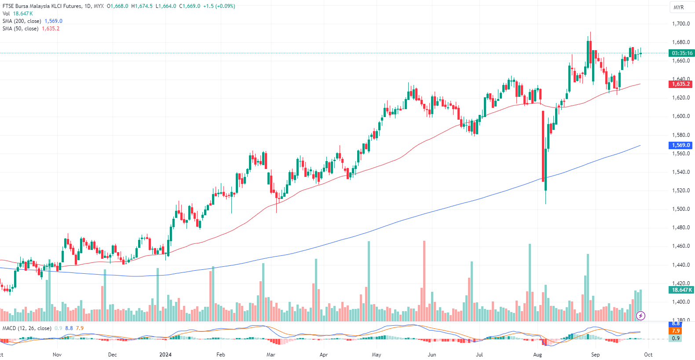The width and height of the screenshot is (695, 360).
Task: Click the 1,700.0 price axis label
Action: [x=680, y=24]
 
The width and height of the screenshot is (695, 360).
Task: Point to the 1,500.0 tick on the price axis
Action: [x=680, y=209]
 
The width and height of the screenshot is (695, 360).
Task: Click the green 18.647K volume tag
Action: [x=681, y=290]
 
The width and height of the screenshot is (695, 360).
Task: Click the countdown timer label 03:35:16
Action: [x=681, y=53]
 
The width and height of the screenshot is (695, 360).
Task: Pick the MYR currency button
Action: [x=678, y=7]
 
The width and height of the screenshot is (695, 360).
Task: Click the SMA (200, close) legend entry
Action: [x=22, y=21]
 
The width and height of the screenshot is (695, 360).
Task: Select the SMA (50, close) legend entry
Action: [x=20, y=29]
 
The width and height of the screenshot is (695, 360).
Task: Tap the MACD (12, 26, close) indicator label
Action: [x=27, y=328]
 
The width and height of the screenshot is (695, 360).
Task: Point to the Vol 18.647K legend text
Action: [x=18, y=14]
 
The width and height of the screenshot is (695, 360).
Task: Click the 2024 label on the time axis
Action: [x=165, y=355]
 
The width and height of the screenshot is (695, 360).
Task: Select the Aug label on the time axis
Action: [x=537, y=355]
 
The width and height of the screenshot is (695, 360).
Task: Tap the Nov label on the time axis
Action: [x=57, y=355]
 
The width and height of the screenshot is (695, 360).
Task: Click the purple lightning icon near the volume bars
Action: [x=641, y=316]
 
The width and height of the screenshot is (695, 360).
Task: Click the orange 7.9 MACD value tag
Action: [x=676, y=331]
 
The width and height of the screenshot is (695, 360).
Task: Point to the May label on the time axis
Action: [x=376, y=355]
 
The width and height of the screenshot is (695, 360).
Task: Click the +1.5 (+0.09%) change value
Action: [x=219, y=6]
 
